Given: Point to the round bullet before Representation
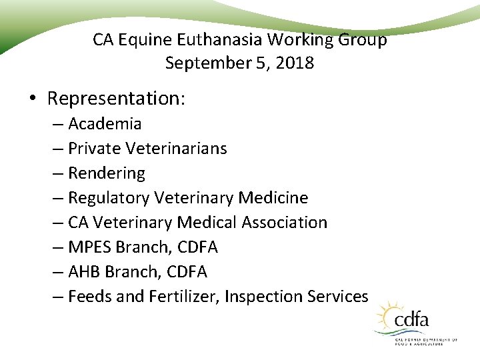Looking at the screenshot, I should pos(33,99).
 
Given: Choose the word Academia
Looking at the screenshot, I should pos(105,124).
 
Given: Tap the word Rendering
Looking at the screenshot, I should pos(107,173).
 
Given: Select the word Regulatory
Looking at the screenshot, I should pos(109,198).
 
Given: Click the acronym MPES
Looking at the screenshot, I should pos(90,247).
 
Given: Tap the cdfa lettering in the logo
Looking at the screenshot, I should pos(411,321).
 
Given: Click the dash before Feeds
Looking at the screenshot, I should pos(58,297).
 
